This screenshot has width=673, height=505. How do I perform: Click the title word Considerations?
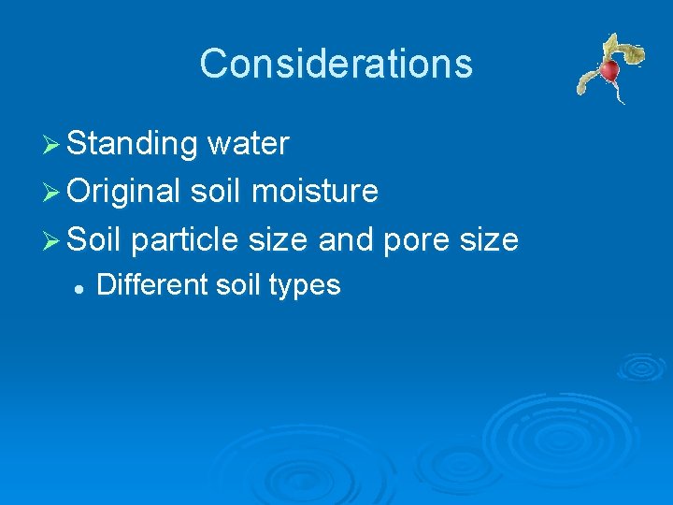pyautogui.click(x=336, y=64)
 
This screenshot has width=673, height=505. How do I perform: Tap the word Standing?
pyautogui.click(x=133, y=144)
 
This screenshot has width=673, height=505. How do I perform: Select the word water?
pyautogui.click(x=248, y=144)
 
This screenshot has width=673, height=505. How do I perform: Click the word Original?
pyautogui.click(x=124, y=192)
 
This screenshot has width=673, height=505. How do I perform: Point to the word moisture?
pyautogui.click(x=316, y=192)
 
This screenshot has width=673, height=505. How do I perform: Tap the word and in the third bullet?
pyautogui.click(x=346, y=239)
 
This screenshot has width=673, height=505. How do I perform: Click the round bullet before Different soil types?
pyautogui.click(x=81, y=286)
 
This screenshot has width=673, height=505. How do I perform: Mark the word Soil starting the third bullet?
pyautogui.click(x=95, y=239)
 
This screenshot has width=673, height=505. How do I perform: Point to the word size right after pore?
pyautogui.click(x=487, y=239)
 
